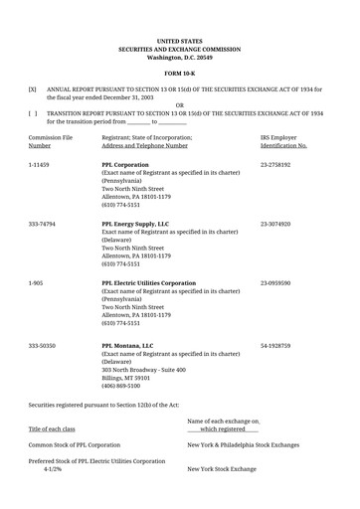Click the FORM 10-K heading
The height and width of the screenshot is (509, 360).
(180, 74)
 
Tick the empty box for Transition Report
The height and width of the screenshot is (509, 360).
(33, 113)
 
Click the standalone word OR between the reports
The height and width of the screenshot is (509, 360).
(180, 104)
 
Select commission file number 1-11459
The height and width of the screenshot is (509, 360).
(40, 161)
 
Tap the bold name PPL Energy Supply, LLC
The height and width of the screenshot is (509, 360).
(136, 225)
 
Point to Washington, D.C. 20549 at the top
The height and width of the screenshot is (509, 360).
(180, 58)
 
